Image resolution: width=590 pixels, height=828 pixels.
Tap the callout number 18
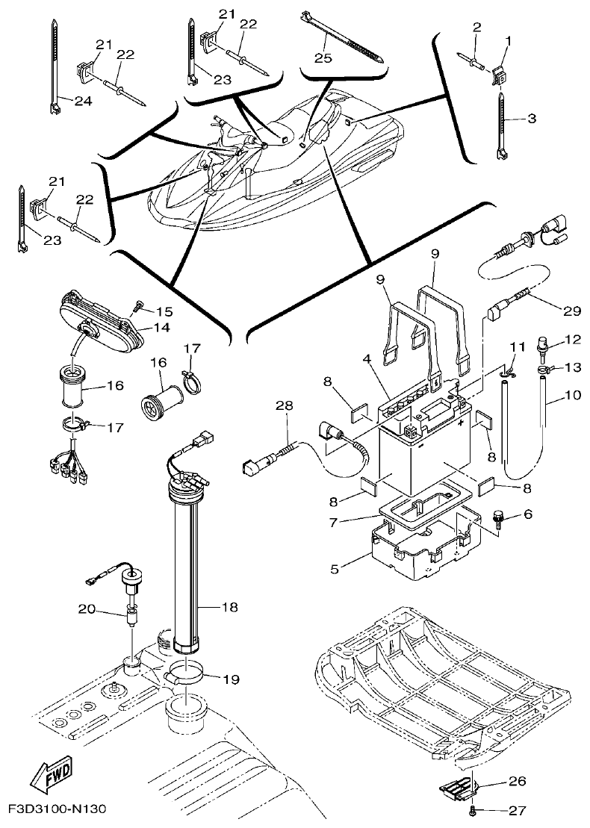click(229, 608)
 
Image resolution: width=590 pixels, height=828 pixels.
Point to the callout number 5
click(335, 569)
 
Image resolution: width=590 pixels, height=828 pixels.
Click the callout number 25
click(323, 57)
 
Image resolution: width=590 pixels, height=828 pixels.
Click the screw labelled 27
click(473, 809)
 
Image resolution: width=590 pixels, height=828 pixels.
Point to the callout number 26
click(517, 782)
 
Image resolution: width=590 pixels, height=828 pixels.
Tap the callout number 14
click(163, 328)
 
